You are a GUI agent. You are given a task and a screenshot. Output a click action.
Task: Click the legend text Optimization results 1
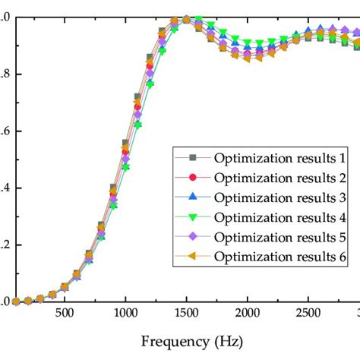[279, 158]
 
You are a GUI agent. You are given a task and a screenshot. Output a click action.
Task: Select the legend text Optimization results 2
[279, 178]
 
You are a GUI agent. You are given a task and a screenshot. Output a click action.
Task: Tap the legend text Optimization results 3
[279, 197]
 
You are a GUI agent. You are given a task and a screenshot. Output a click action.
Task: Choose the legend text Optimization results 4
[279, 218]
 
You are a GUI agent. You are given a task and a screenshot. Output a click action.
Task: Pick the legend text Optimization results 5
[279, 238]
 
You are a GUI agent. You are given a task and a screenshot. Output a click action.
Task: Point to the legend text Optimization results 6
[279, 257]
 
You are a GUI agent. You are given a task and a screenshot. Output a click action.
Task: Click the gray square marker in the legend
[192, 158]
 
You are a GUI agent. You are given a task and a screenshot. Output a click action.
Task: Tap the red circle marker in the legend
[192, 178]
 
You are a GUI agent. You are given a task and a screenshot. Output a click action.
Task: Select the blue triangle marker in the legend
[192, 197]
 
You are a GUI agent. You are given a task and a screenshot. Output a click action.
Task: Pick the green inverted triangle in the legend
[192, 218]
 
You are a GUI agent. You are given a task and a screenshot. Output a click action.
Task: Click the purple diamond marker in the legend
[192, 238]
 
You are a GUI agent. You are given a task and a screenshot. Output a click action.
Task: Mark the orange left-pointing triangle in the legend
[192, 257]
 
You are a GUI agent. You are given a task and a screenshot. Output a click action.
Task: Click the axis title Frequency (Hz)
[186, 342]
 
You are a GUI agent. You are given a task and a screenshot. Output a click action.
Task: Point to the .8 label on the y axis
[5, 74]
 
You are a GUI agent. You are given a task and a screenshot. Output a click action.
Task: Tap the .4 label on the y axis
[5, 188]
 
